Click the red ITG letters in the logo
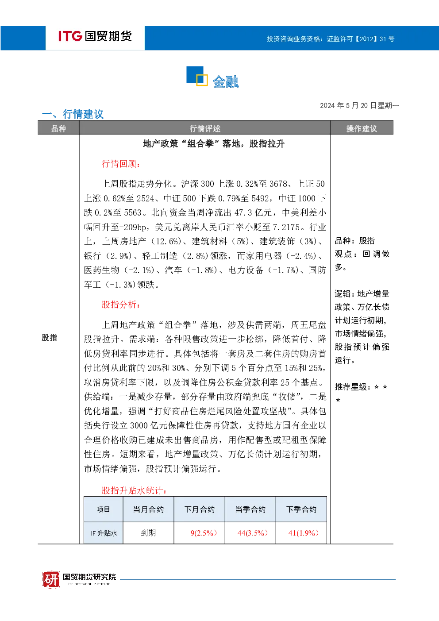tap(70, 36)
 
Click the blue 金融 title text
tap(226, 82)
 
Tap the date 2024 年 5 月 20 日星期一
tap(359, 105)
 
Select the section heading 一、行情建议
tap(73, 114)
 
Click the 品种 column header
tap(58, 128)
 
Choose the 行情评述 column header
tap(205, 128)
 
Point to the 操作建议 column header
tap(362, 128)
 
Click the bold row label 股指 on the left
tap(49, 337)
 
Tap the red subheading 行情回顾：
tap(121, 164)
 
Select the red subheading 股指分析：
tap(121, 305)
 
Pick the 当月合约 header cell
tap(148, 509)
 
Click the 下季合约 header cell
tap(301, 509)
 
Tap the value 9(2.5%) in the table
tap(204, 533)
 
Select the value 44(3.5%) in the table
tap(253, 533)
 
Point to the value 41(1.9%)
tap(304, 533)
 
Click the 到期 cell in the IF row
tap(148, 532)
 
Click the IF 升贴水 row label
tap(104, 533)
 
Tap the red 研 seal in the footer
tap(51, 579)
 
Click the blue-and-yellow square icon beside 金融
tap(197, 76)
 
